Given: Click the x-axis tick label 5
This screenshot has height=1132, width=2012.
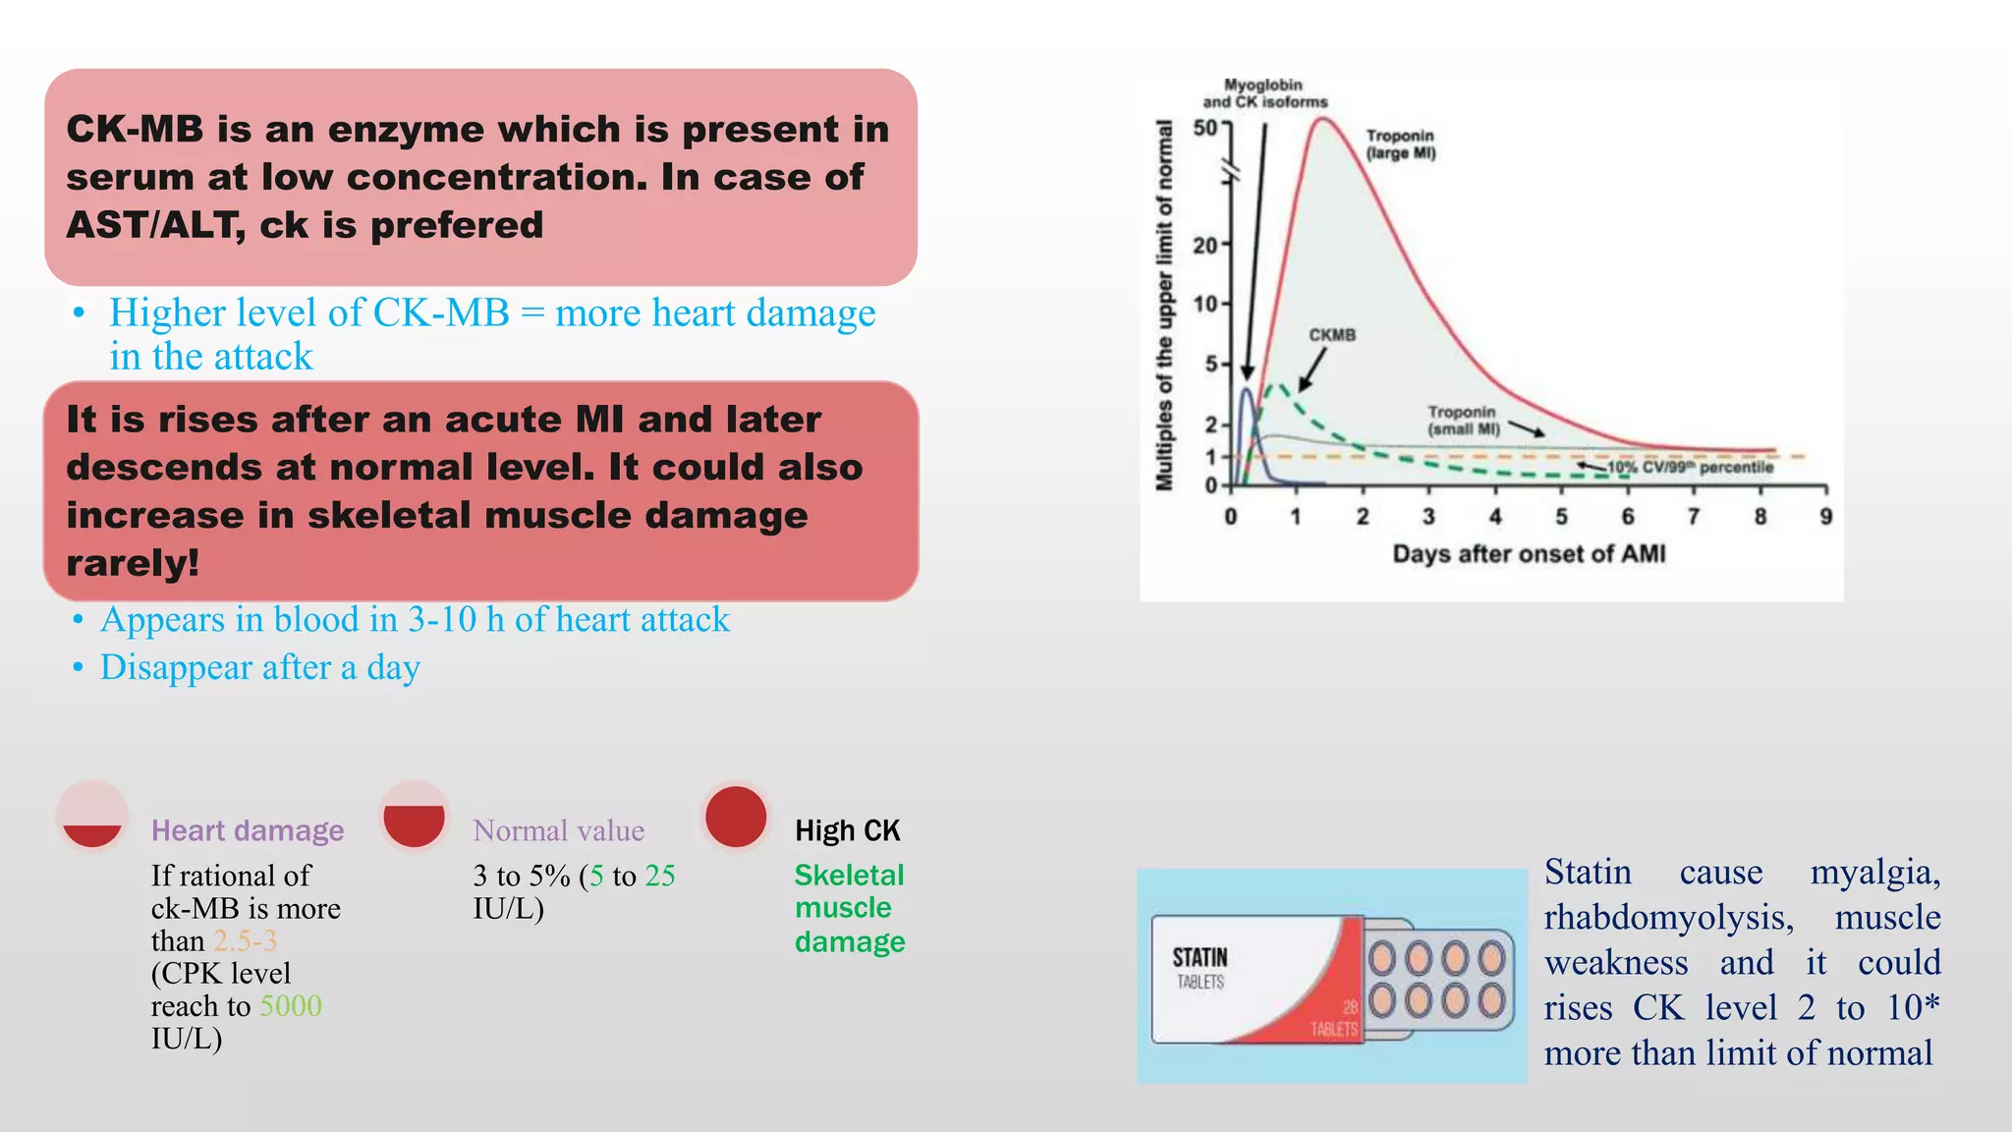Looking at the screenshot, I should click(1561, 517).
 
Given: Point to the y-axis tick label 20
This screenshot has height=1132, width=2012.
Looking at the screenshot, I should click(1204, 245).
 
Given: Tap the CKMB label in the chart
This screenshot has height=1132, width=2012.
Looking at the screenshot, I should click(1331, 335).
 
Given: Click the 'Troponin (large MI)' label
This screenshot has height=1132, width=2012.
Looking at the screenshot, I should click(1400, 144).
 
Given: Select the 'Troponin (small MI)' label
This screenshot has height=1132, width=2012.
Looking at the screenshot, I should click(1463, 421).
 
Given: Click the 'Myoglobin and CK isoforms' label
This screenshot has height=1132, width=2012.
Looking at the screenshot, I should click(1264, 93).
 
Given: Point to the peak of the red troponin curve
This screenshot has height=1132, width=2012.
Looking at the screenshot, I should click(1323, 120).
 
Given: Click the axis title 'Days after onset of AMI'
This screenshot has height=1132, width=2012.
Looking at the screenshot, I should click(1529, 554).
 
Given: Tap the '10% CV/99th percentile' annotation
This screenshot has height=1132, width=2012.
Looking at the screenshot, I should click(1690, 468).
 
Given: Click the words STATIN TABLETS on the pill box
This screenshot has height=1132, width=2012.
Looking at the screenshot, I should click(1200, 968).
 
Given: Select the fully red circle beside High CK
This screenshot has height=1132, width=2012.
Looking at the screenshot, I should click(736, 817).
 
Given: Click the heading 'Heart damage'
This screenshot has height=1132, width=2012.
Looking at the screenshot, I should click(248, 831).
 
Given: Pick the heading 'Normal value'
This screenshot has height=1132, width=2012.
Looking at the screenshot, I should click(558, 831).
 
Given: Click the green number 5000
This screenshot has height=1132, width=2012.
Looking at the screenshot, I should click(291, 1006).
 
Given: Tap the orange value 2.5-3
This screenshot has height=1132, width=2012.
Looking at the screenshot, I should click(246, 941).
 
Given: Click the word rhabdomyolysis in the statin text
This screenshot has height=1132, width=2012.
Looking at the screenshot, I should click(1668, 918).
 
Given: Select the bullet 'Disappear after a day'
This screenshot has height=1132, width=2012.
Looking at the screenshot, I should click(260, 668).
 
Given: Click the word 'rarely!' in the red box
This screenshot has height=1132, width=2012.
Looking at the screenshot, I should click(133, 564).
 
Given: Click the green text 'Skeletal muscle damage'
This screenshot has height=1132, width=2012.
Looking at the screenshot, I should click(849, 909).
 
